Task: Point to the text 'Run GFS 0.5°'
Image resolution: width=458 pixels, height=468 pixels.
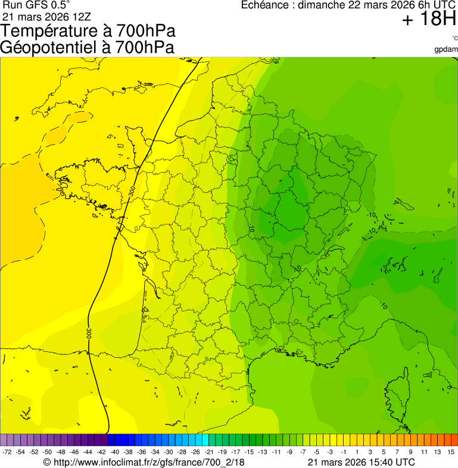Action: (x=36, y=5)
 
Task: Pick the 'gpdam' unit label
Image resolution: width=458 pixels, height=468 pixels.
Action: (x=447, y=49)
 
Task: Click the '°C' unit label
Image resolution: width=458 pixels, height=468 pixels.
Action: (x=454, y=39)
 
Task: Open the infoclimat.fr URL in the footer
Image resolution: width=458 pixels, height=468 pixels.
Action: (x=148, y=462)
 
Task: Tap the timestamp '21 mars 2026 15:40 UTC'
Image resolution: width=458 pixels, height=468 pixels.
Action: (x=362, y=462)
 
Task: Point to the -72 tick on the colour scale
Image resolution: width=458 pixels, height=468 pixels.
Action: (x=7, y=452)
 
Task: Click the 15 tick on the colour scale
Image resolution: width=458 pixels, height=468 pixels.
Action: (x=451, y=452)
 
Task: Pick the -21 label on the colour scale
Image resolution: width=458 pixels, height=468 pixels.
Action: (x=209, y=452)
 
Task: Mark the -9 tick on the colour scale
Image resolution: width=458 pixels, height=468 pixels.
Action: (x=289, y=452)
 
